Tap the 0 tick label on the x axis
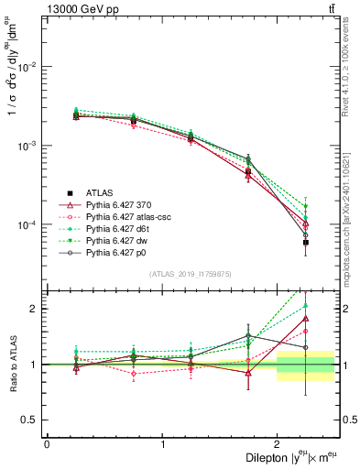pyautogui.click(x=47, y=444)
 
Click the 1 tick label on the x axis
pyautogui.click(x=162, y=444)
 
